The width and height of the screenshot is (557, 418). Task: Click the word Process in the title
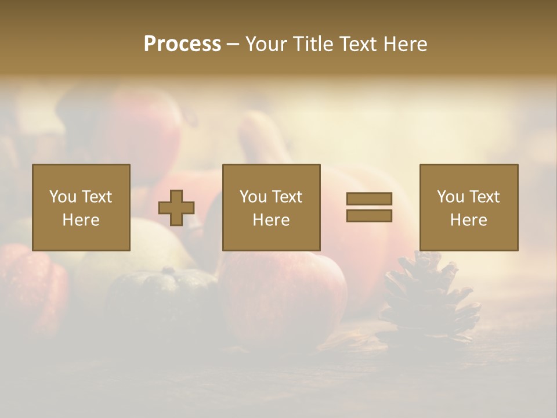point(182,44)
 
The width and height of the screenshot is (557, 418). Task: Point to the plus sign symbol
point(176,208)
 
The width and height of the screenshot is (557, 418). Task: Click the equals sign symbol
point(369,207)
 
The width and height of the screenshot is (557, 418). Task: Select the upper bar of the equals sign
point(369,199)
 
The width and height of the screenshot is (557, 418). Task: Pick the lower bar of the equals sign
point(369,215)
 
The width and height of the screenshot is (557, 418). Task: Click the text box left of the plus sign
point(81,207)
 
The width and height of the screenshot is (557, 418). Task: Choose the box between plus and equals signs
point(271,207)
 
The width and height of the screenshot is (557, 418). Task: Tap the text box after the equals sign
point(468,207)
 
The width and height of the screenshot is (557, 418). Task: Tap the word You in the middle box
point(253,197)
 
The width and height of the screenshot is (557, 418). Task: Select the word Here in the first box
point(81,220)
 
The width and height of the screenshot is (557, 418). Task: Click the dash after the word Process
point(233,44)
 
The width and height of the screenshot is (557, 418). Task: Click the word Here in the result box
point(468,220)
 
